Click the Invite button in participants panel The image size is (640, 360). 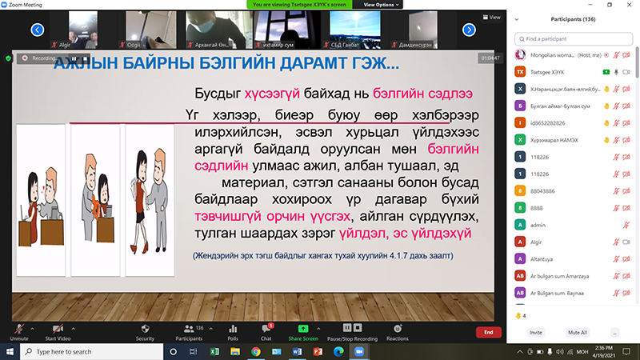click(535, 332)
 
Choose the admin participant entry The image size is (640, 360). click(538, 226)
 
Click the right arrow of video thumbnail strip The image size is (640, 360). click(469, 30)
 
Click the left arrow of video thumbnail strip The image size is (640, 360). click(37, 30)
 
